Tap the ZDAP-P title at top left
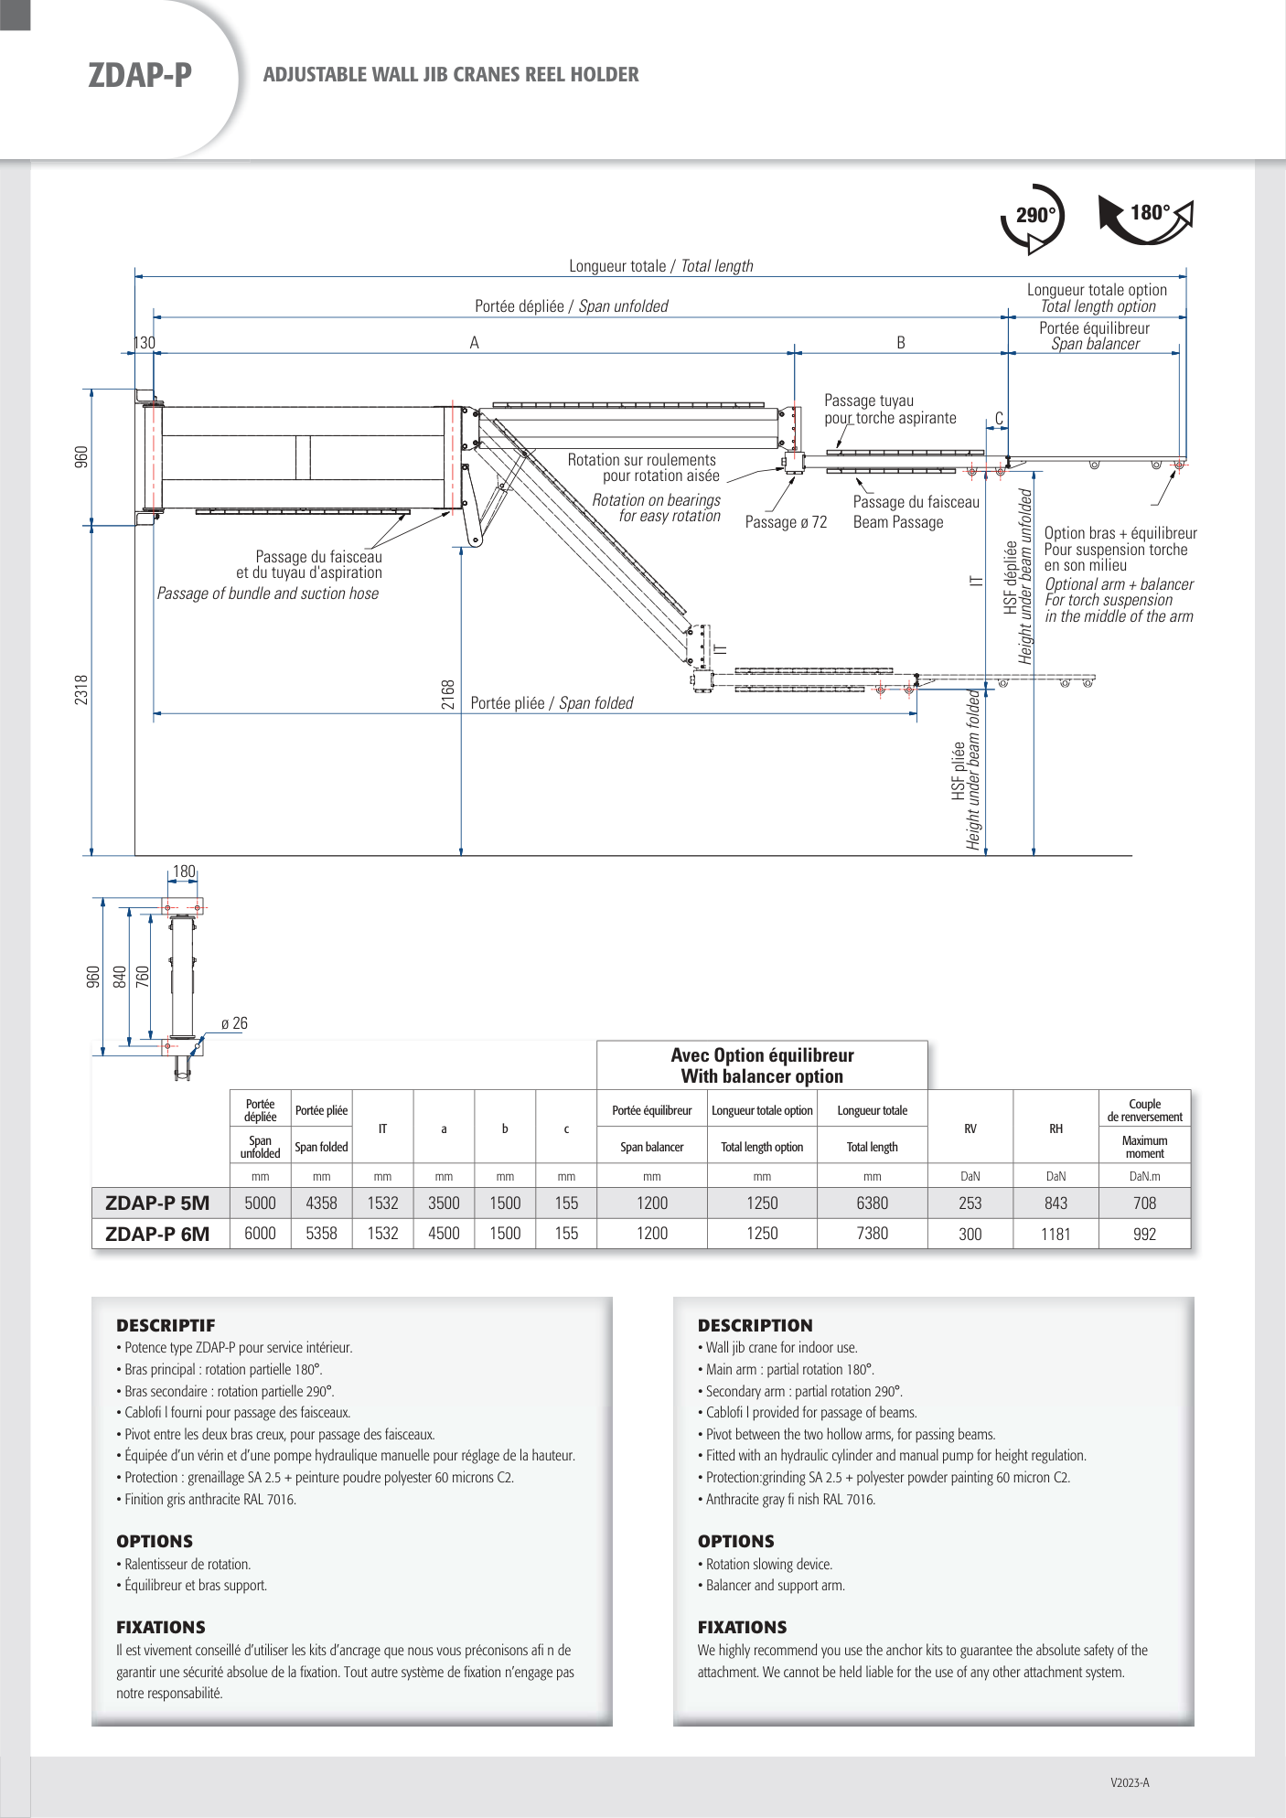tap(140, 75)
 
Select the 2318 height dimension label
tap(81, 690)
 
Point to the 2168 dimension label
tap(448, 695)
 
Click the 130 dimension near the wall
tap(145, 343)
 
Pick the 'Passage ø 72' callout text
tap(786, 522)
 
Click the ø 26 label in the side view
tap(234, 1023)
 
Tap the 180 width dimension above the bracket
tap(184, 872)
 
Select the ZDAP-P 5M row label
tap(157, 1203)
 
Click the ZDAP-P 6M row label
tap(157, 1234)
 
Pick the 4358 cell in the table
tap(321, 1203)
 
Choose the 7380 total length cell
tap(873, 1234)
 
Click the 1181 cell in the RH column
tap(1056, 1235)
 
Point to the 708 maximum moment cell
tap(1145, 1203)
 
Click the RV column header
tap(970, 1128)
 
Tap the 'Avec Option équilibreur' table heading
tap(762, 1055)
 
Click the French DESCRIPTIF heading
tap(166, 1325)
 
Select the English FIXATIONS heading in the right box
tap(742, 1627)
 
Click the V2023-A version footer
tap(1130, 1782)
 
